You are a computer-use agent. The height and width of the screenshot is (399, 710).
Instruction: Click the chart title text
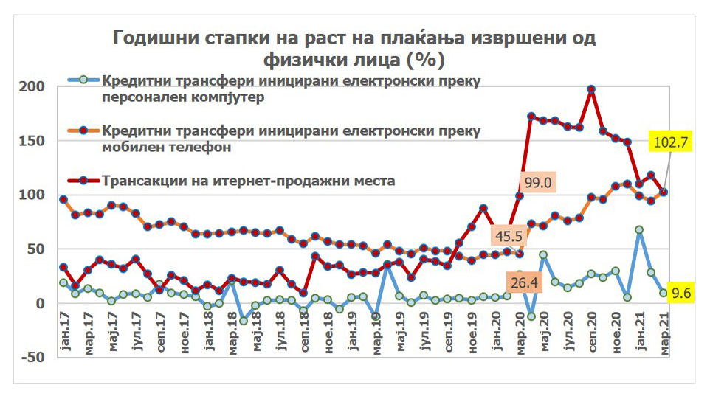pos(354,47)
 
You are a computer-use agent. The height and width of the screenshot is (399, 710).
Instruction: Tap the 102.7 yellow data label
pos(670,142)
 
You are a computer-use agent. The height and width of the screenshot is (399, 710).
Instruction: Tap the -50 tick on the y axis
pos(35,358)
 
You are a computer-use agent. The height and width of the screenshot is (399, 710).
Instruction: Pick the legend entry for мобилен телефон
pos(292,138)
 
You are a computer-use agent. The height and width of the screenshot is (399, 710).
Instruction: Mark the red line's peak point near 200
pos(591,89)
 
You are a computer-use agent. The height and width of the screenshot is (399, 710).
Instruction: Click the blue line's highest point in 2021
pos(639,230)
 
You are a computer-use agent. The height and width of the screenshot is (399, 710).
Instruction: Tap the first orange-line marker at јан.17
pos(63,199)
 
